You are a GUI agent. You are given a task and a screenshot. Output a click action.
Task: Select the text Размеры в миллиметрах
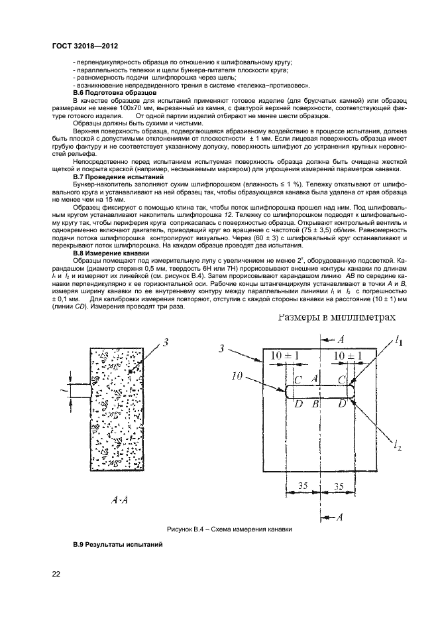click(x=337, y=317)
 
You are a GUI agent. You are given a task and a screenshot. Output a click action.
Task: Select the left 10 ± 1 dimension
click(x=284, y=356)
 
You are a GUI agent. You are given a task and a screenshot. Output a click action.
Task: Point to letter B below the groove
click(x=316, y=403)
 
